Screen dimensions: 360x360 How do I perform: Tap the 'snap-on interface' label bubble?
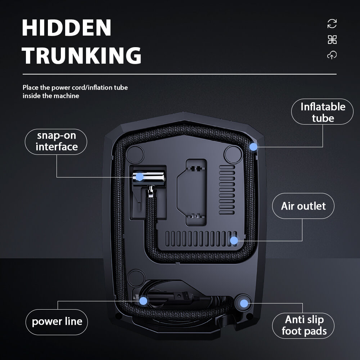[x=57, y=141]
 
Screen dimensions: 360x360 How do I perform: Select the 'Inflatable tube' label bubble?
[x=323, y=112]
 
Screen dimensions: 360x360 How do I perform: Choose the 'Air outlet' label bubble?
[x=303, y=206]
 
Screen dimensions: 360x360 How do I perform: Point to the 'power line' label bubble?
[x=57, y=321]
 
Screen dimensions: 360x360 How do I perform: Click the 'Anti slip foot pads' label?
[x=303, y=325]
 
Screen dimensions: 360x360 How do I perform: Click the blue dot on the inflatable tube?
[x=253, y=147]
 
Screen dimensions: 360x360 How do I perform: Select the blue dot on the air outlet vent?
[x=234, y=240]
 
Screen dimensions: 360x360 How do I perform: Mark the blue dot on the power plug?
[x=143, y=301]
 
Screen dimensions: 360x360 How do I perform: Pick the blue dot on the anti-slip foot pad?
[x=244, y=303]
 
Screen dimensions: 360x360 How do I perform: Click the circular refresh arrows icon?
[x=332, y=24]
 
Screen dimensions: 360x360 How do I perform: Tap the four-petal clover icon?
[x=332, y=40]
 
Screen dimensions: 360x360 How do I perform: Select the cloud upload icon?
[x=332, y=55]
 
